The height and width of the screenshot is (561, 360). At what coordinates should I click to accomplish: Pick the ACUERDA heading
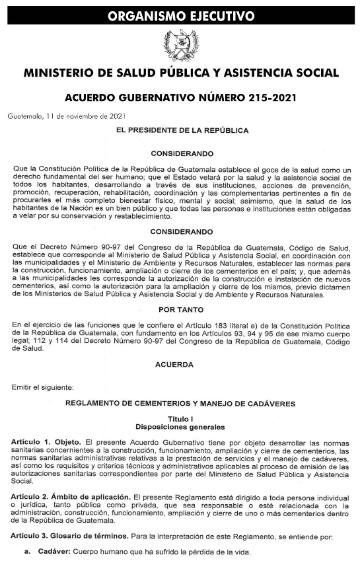pyautogui.click(x=174, y=364)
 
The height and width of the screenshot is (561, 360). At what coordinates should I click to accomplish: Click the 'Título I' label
pyautogui.click(x=180, y=419)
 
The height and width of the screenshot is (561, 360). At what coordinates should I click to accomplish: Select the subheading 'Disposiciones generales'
pyautogui.click(x=180, y=427)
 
